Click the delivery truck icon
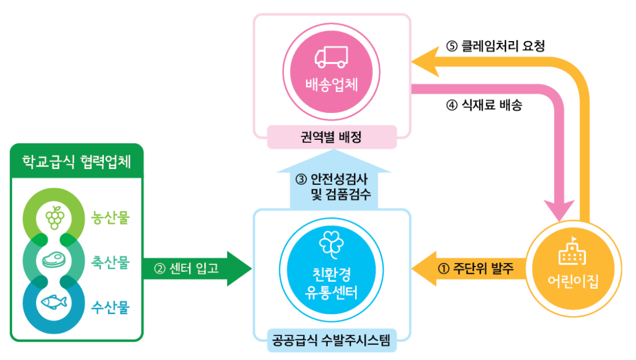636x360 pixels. (332, 56)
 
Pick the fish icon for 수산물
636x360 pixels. (54, 303)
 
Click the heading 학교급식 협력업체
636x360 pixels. (76, 161)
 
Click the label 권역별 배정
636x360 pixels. (331, 137)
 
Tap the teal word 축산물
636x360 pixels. (111, 263)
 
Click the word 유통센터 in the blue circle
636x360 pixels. (331, 294)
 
